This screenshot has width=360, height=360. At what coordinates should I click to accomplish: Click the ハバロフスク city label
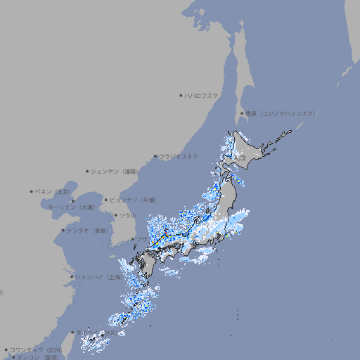202,95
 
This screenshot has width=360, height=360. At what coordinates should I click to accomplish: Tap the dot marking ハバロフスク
181,95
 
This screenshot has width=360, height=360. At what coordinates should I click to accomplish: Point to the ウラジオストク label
179,156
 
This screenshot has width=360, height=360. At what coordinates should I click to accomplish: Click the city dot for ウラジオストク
156,157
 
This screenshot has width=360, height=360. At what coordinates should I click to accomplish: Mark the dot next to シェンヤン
87,171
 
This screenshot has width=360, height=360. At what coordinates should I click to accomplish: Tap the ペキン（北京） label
53,191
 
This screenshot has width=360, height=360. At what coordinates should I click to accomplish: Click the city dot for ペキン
32,191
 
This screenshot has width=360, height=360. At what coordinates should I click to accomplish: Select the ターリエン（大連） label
71,207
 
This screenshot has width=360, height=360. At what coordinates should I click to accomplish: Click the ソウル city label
127,215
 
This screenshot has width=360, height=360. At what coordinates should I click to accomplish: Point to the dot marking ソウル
115,215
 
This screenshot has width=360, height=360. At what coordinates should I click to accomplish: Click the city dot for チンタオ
63,231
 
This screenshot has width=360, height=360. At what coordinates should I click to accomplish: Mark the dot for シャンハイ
72,277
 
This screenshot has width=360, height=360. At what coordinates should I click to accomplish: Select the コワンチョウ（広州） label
36,349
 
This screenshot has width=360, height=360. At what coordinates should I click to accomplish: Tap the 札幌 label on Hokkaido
241,159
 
